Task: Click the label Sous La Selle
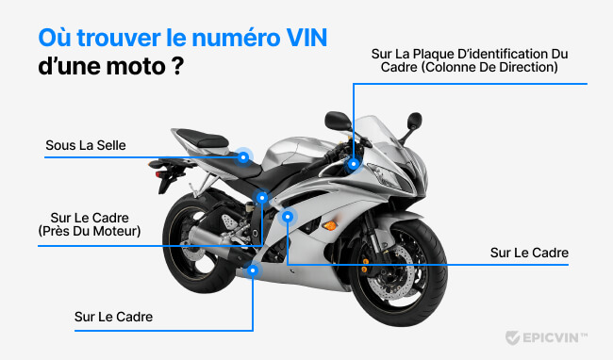tap(86, 145)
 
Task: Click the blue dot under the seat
tap(243, 157)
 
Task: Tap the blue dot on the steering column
tap(354, 163)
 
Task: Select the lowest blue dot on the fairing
tap(253, 270)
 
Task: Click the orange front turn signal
tap(330, 226)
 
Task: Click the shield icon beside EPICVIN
tap(512, 337)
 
